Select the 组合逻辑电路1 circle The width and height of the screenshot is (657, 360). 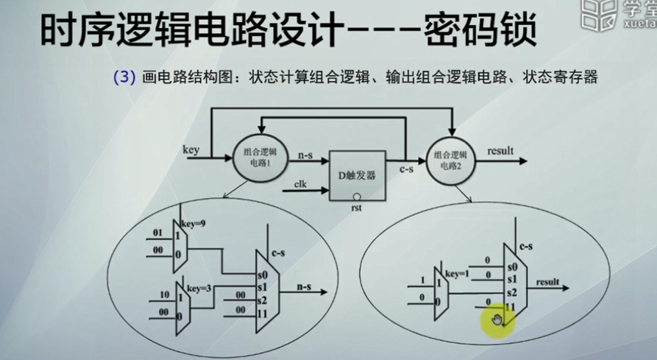coord(256,155)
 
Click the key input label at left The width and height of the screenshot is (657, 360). coord(191,149)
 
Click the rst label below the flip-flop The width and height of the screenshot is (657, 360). coord(357,209)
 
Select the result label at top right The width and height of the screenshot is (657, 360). coord(500,151)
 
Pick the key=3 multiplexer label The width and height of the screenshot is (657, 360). coord(199,288)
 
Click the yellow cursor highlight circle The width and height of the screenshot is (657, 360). coord(497,320)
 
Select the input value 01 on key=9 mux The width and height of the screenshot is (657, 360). coord(157,233)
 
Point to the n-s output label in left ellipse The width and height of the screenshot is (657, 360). coord(304,286)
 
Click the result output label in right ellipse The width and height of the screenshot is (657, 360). coord(548,282)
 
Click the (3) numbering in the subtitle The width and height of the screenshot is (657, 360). coord(123,77)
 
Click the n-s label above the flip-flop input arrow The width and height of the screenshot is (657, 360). coord(305,155)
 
